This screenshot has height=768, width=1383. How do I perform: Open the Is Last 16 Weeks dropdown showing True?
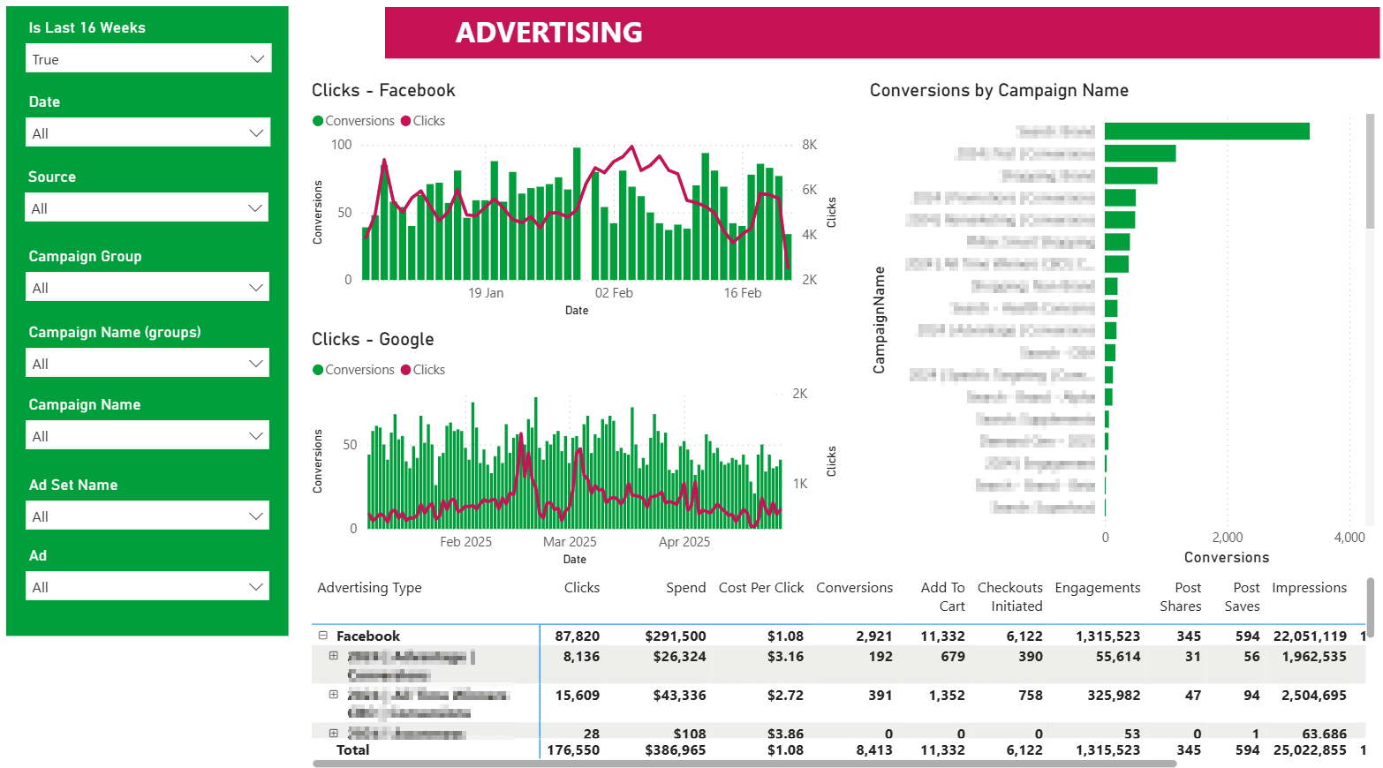click(x=147, y=59)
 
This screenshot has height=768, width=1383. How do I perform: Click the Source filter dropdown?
click(x=147, y=208)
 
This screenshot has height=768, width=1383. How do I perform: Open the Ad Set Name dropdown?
click(x=147, y=516)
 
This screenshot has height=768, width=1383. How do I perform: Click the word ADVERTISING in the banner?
click(x=548, y=33)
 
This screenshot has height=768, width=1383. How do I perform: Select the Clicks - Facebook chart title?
click(x=383, y=90)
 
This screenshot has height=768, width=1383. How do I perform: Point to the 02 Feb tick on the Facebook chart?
click(x=614, y=293)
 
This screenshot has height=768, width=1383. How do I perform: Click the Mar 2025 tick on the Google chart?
click(x=570, y=542)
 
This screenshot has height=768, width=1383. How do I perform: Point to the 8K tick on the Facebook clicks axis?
click(x=809, y=145)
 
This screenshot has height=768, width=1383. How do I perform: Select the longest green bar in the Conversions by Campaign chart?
click(x=1206, y=132)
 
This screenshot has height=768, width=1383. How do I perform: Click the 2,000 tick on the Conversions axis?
click(x=1227, y=538)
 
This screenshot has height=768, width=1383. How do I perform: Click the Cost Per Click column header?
click(x=761, y=588)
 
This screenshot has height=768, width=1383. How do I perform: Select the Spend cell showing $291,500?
click(x=675, y=636)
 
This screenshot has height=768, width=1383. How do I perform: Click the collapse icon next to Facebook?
click(x=323, y=636)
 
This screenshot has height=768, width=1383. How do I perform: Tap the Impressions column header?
click(x=1309, y=588)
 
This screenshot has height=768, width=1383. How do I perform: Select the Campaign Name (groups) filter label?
click(x=115, y=332)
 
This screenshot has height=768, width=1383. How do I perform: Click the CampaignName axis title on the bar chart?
click(x=879, y=320)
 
